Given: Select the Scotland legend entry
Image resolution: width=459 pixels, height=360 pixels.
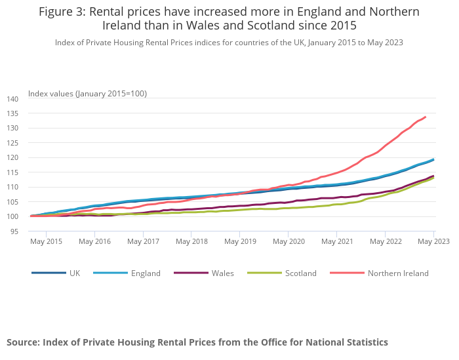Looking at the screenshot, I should [300, 273].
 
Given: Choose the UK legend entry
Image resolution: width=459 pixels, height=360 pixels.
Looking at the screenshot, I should [74, 273].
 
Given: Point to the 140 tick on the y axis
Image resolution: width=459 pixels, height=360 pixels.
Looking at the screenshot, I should [12, 98].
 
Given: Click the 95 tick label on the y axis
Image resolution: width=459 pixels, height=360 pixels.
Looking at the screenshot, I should [14, 231].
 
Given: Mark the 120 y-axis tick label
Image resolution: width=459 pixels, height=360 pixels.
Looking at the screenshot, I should [12, 157].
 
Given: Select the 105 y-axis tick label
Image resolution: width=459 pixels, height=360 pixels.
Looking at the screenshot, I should [12, 201].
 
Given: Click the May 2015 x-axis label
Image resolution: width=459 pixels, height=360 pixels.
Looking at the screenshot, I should [45, 241].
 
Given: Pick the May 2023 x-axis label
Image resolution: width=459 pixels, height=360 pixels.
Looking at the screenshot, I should [433, 241].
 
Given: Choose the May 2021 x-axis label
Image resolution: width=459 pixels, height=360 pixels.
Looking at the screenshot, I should [336, 241].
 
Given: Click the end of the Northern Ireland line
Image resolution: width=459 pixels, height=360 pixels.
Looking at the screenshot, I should [426, 117].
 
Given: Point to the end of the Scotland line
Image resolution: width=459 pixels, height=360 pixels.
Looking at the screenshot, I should [433, 178].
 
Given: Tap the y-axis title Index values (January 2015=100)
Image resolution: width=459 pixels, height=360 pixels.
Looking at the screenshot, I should [87, 93].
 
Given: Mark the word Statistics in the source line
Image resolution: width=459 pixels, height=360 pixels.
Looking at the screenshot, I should [364, 342].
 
